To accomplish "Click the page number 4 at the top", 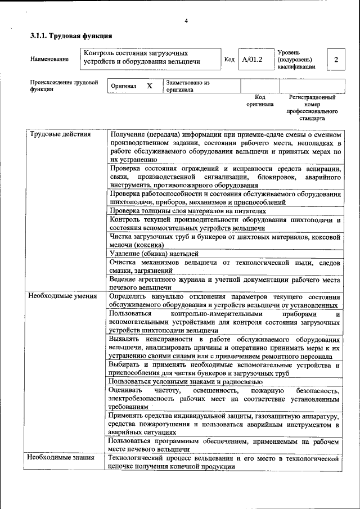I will point(186,21).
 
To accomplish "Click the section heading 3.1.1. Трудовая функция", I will point(66,37).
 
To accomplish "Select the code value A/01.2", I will point(252,59).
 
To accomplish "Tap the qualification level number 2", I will point(336,59).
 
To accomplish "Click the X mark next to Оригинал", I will point(149,86).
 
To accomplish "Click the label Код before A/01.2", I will point(229,59).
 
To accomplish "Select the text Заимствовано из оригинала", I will point(187,86).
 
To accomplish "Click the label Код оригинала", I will point(259,101).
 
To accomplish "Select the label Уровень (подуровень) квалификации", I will point(296,59).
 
